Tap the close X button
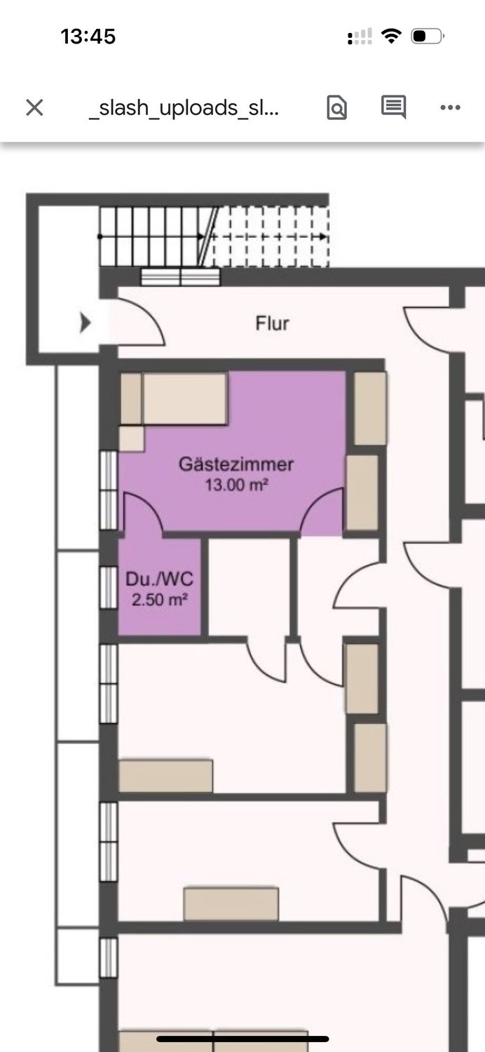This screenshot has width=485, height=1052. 35,107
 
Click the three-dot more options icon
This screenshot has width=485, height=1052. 450,107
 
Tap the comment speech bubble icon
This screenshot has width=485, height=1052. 393,107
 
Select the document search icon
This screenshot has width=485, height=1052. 336,107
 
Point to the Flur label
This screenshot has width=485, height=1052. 273,323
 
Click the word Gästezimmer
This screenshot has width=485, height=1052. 236,464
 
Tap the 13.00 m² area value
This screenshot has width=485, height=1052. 237,485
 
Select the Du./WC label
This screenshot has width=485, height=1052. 160,579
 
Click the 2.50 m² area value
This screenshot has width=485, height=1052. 160,600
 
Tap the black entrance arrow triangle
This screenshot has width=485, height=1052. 85,323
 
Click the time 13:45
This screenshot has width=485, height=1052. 88,36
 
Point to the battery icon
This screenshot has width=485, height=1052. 428,36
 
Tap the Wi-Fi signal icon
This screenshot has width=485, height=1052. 391,36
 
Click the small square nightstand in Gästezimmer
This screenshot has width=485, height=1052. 132,439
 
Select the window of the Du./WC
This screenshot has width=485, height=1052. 109,588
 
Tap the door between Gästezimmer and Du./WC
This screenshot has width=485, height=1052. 143,513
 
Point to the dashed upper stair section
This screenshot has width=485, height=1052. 271,237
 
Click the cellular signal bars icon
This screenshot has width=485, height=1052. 360,36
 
